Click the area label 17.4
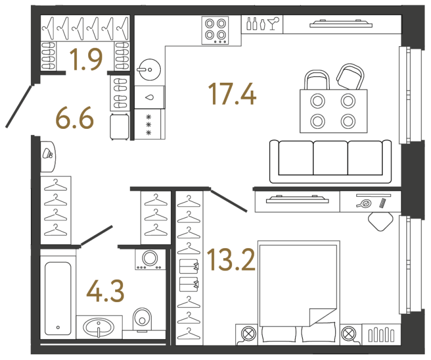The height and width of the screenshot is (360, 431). [232, 93]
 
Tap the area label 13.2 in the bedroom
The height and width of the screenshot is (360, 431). [230, 260]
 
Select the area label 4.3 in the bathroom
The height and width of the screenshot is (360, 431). [105, 291]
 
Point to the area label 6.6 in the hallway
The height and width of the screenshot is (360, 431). [74, 119]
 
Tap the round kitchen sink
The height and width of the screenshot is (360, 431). [149, 70]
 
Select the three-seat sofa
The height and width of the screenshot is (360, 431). [330, 161]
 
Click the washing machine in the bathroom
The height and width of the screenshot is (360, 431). [150, 259]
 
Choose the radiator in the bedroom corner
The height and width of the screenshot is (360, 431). [381, 335]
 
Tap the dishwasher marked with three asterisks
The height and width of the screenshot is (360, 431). [149, 124]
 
